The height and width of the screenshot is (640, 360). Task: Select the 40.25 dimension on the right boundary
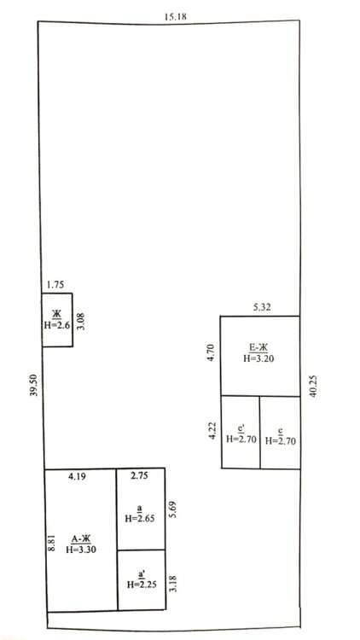pyautogui.click(x=313, y=387)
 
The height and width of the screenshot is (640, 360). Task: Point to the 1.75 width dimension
pyautogui.click(x=55, y=284)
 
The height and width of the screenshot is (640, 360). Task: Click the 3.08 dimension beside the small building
pyautogui.click(x=81, y=321)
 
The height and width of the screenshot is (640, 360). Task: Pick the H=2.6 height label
pyautogui.click(x=56, y=325)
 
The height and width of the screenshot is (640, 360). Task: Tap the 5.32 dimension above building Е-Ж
pyautogui.click(x=262, y=307)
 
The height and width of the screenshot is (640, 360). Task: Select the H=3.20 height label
pyautogui.click(x=258, y=358)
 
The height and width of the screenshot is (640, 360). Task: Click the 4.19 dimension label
pyautogui.click(x=77, y=476)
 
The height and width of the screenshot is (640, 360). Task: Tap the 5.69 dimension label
pyautogui.click(x=174, y=509)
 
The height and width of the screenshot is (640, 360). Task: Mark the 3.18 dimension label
pyautogui.click(x=172, y=584)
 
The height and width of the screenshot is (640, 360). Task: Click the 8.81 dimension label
pyautogui.click(x=51, y=543)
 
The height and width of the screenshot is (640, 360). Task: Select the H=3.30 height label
pyautogui.click(x=81, y=549)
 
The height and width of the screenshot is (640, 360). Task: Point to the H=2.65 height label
pyautogui.click(x=139, y=518)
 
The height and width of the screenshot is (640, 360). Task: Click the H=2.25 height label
pyautogui.click(x=142, y=585)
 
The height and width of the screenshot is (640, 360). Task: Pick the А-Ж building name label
pyautogui.click(x=81, y=539)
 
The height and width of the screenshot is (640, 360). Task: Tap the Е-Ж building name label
pyautogui.click(x=258, y=348)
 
